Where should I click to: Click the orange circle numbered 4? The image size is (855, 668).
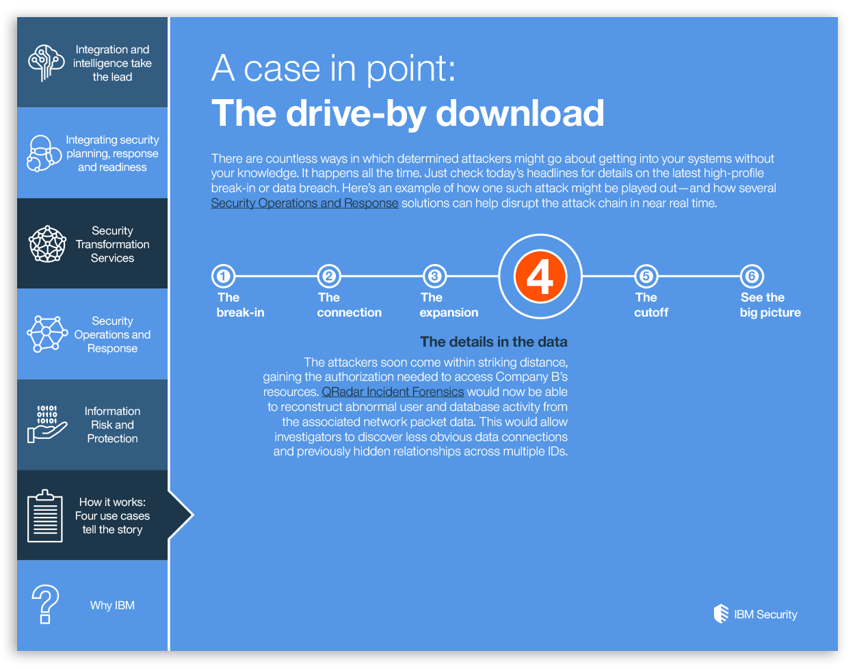click(540, 276)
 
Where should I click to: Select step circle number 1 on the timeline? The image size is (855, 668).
click(223, 276)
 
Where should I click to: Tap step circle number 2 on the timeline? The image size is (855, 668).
click(329, 276)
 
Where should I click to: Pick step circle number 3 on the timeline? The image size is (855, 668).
click(434, 276)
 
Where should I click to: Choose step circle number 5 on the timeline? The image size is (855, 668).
click(646, 276)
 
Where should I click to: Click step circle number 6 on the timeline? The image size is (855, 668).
click(752, 276)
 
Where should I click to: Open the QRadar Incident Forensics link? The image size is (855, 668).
click(393, 392)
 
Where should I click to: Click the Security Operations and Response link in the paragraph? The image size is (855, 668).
click(304, 203)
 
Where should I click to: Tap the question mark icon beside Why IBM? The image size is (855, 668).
click(45, 604)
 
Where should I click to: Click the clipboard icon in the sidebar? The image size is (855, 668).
click(45, 516)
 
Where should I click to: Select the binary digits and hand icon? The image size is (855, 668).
click(47, 424)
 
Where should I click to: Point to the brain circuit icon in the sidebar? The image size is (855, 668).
click(46, 63)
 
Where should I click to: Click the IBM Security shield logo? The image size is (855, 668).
click(721, 613)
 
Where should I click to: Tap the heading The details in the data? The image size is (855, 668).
click(493, 342)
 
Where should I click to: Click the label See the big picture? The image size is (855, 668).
click(770, 305)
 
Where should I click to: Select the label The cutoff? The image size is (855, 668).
click(651, 305)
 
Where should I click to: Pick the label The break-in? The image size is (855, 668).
click(240, 305)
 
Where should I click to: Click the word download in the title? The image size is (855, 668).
click(520, 113)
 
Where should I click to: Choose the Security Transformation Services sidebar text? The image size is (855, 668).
click(113, 244)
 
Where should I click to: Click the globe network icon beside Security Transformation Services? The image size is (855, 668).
click(47, 244)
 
